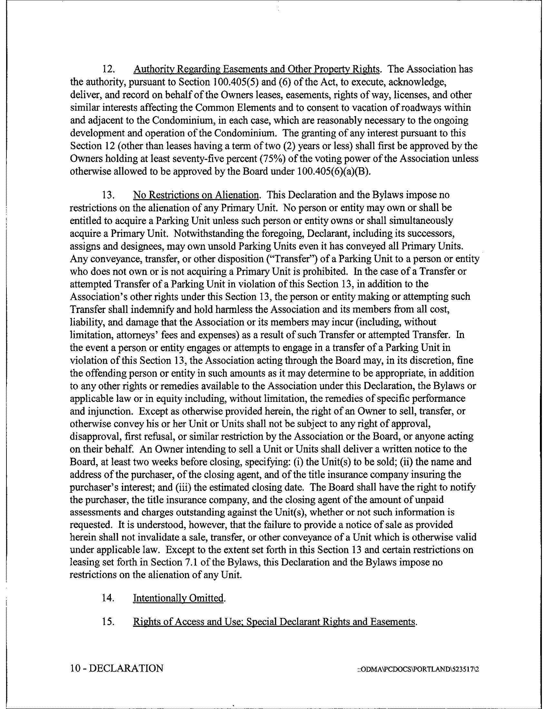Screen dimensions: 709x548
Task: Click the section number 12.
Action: click(107, 69)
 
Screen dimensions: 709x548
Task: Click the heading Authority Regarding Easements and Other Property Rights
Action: click(257, 69)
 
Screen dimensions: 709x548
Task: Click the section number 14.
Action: click(107, 597)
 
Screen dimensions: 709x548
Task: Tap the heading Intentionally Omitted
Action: click(179, 597)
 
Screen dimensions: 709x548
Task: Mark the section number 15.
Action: click(107, 622)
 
